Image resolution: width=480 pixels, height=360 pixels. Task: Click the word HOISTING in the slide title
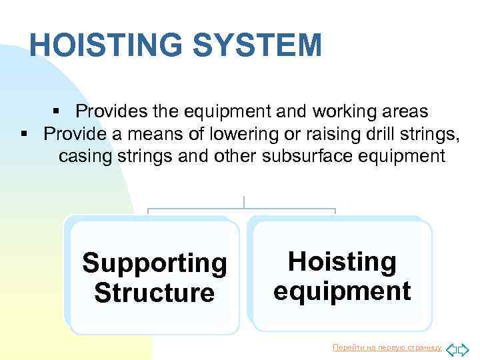pyautogui.click(x=103, y=45)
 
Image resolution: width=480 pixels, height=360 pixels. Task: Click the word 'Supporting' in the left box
pyautogui.click(x=154, y=263)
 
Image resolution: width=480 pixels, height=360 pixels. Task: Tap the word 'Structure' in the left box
pyautogui.click(x=154, y=293)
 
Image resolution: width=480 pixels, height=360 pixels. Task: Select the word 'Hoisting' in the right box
pyautogui.click(x=341, y=262)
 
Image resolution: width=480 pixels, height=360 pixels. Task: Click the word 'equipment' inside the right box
pyautogui.click(x=341, y=291)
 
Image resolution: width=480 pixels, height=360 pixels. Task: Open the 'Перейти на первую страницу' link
pyautogui.click(x=387, y=347)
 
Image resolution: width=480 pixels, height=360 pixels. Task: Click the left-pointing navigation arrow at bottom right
pyautogui.click(x=451, y=348)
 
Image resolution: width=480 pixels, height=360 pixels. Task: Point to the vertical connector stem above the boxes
pyautogui.click(x=244, y=202)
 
